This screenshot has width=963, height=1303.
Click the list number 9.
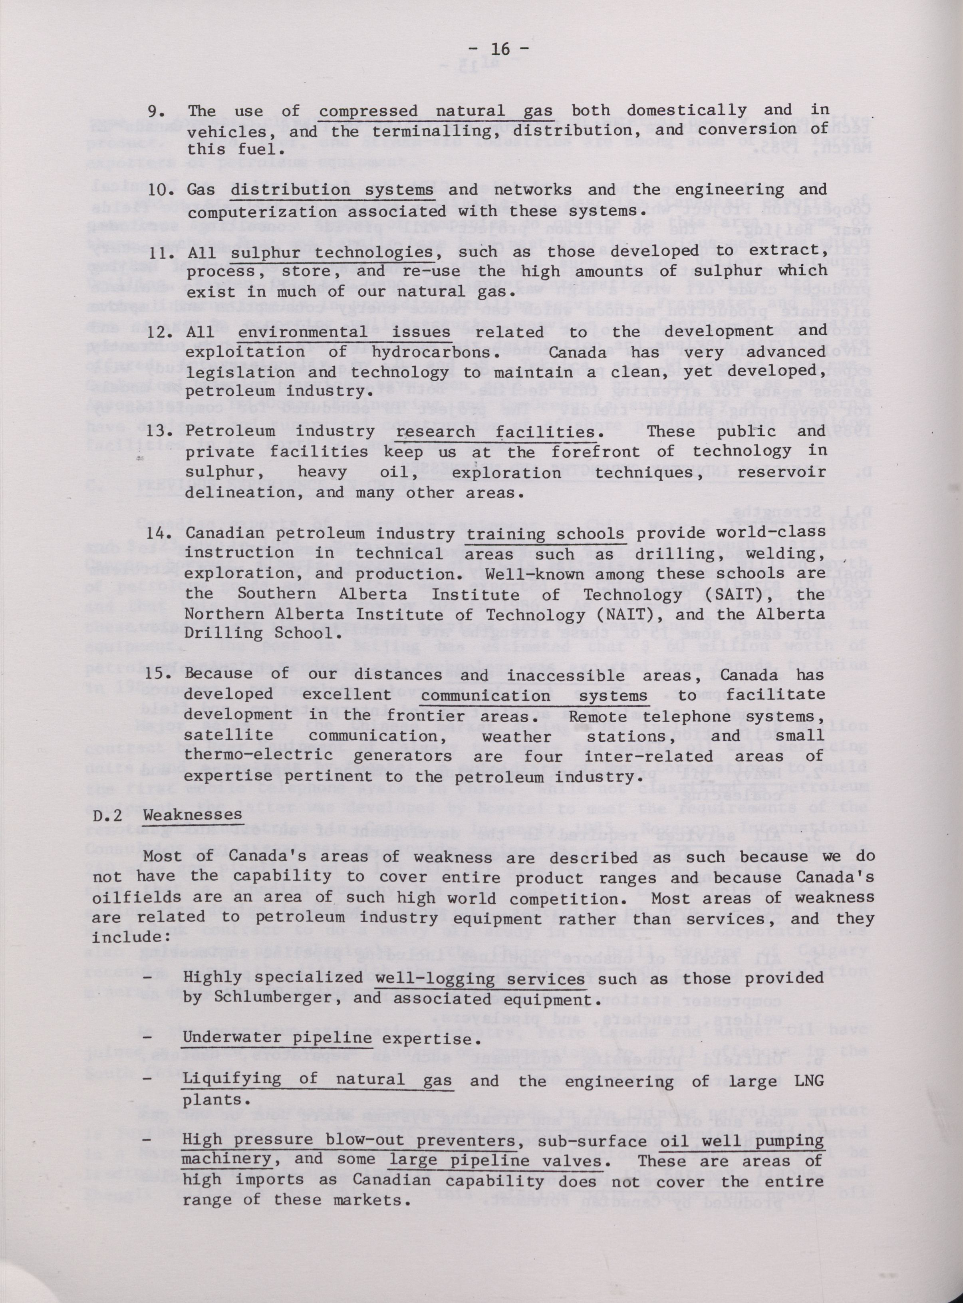point(159,111)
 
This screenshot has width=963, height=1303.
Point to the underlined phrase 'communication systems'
point(534,695)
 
